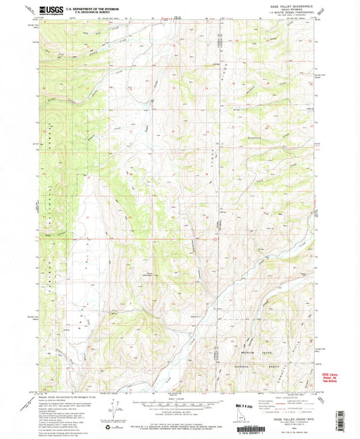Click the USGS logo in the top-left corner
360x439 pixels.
[52, 9]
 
